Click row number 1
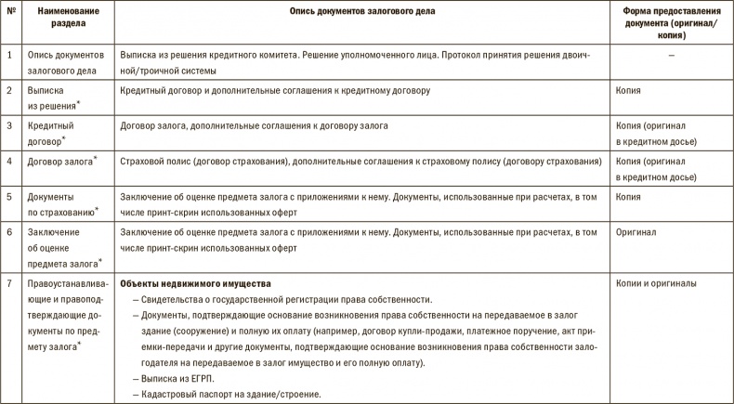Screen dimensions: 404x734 click(x=9, y=56)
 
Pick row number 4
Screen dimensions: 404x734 click(x=9, y=162)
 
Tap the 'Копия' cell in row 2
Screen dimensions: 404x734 click(x=628, y=91)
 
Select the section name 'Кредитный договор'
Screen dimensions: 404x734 click(x=51, y=132)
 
